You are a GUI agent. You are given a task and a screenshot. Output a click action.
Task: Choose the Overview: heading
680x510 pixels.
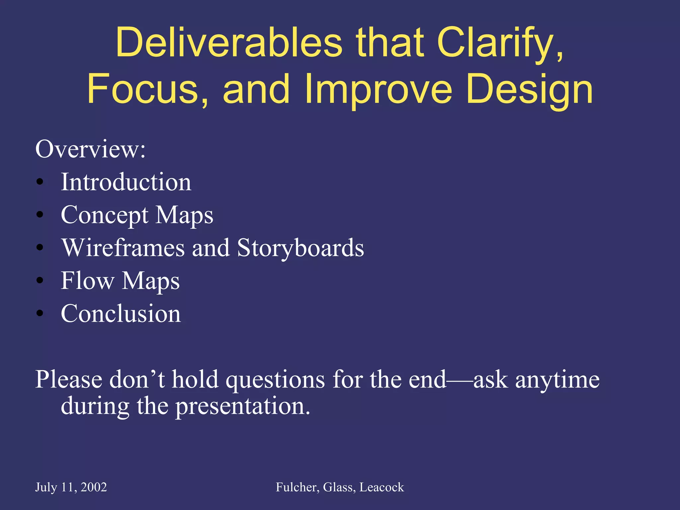click(x=90, y=149)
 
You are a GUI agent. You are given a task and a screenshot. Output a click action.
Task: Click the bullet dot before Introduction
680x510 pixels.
click(x=40, y=182)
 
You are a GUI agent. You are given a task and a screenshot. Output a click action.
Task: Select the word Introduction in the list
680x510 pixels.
click(x=126, y=182)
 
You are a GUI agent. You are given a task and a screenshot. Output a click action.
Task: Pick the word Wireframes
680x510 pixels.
click(x=123, y=248)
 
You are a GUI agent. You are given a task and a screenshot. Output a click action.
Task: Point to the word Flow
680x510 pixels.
click(x=87, y=281)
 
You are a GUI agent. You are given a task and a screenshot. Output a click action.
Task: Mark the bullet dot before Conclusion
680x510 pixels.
click(x=40, y=313)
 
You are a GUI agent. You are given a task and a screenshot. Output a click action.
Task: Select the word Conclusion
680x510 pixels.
click(x=121, y=313)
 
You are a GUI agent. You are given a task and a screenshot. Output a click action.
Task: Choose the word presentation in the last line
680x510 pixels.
click(x=242, y=406)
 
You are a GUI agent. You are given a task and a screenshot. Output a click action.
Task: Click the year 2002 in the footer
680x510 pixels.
click(x=94, y=487)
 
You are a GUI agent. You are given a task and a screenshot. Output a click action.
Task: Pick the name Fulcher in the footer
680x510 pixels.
click(x=297, y=487)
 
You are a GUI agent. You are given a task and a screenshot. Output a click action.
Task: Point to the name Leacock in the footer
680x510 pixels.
click(x=382, y=487)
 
